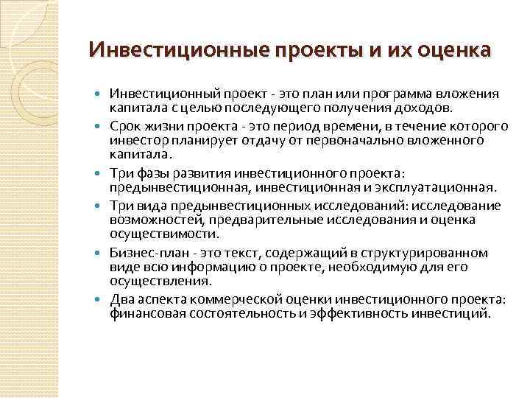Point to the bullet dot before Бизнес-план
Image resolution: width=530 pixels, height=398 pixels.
click(100, 254)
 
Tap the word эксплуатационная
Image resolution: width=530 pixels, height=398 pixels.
click(440, 188)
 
